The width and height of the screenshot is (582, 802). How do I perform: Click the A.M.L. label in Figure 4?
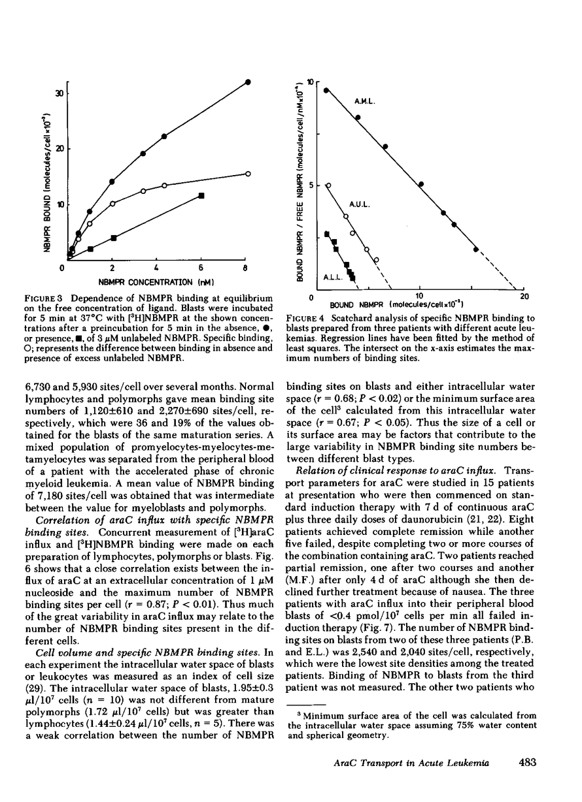tap(366, 102)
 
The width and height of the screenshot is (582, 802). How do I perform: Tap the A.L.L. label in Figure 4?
tap(333, 278)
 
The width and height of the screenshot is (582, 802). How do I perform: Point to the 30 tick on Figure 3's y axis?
tap(58, 93)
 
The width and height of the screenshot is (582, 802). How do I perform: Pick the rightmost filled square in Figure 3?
tap(202, 195)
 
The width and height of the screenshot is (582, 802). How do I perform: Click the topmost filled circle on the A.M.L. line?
tap(326, 90)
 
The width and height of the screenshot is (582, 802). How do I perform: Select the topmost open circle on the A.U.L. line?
tap(328, 185)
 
